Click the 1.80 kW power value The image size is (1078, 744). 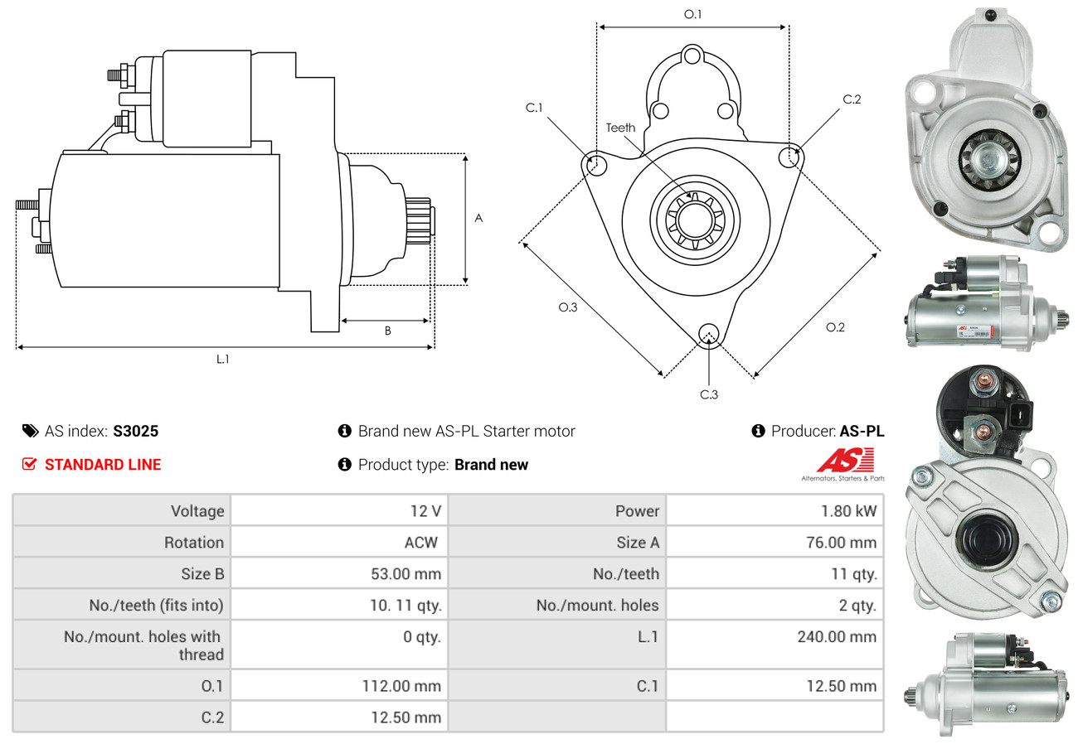click(x=848, y=511)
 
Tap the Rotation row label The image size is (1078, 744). click(x=193, y=543)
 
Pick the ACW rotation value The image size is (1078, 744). click(x=420, y=543)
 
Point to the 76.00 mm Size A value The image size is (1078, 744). click(x=841, y=543)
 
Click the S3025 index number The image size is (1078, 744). click(x=135, y=431)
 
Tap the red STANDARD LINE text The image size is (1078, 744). click(x=103, y=465)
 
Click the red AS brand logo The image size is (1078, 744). click(x=845, y=461)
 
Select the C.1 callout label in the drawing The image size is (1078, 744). click(x=534, y=108)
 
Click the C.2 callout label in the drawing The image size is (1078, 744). click(x=852, y=99)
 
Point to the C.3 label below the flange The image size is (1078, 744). click(x=709, y=394)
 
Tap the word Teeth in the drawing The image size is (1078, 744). click(x=620, y=128)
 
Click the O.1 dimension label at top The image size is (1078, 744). click(x=692, y=14)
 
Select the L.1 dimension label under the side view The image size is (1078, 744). click(x=223, y=359)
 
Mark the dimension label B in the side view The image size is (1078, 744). click(x=387, y=331)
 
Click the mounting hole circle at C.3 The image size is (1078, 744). click(x=708, y=333)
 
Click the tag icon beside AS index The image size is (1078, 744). click(x=30, y=431)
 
